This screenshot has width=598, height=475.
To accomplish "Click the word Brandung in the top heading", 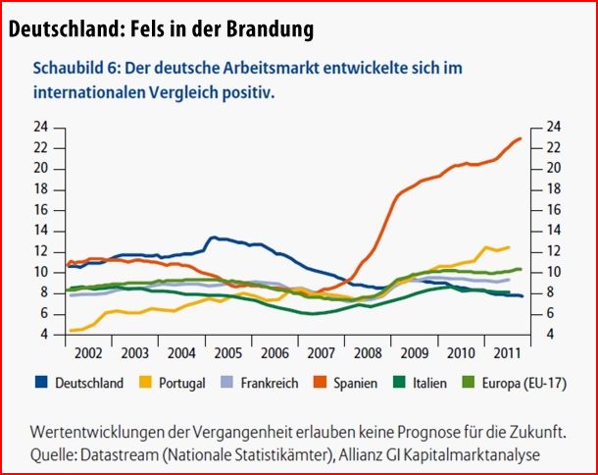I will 263,29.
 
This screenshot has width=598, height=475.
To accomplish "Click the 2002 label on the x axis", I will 87,350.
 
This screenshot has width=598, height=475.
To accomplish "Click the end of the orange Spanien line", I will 521,138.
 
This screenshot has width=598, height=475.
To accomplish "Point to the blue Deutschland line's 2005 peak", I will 214,237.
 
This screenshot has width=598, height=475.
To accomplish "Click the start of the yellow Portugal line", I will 69,330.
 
